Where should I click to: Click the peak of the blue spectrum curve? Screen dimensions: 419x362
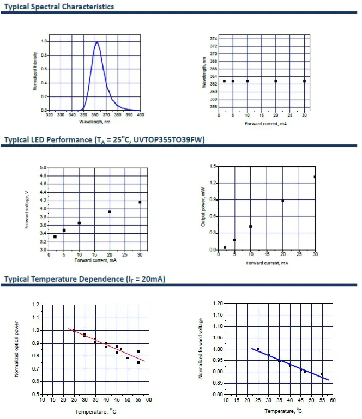pyautogui.click(x=96, y=42)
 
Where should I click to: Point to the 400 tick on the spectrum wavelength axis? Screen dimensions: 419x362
pyautogui.click(x=141, y=115)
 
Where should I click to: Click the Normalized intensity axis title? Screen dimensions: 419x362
pyautogui.click(x=35, y=71)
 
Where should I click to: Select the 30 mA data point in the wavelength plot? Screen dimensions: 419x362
pyautogui.click(x=304, y=81)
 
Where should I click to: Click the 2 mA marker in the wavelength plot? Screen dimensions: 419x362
pyautogui.click(x=224, y=81)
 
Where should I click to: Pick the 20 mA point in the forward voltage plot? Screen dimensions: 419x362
pyautogui.click(x=110, y=212)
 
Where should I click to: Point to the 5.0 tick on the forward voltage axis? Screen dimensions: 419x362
pyautogui.click(x=42, y=168)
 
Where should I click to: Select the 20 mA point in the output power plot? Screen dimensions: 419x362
pyautogui.click(x=283, y=201)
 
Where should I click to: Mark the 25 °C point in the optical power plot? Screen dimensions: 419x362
pyautogui.click(x=74, y=330)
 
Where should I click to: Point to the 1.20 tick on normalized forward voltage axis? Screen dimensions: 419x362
pyautogui.click(x=218, y=303)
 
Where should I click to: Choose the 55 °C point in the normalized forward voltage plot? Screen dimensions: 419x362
pyautogui.click(x=322, y=374)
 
